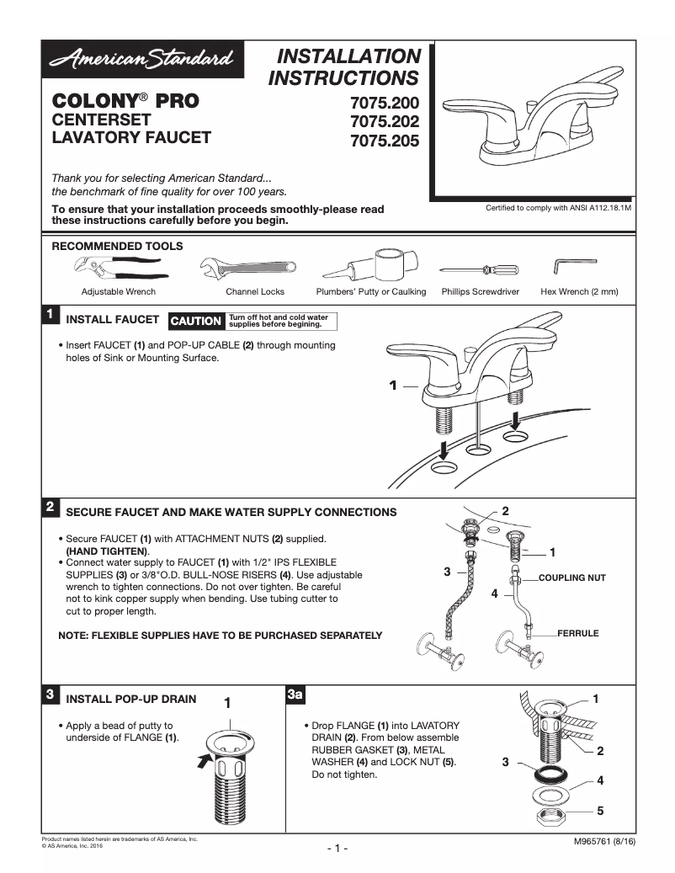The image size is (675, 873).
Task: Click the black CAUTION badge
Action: [195, 321]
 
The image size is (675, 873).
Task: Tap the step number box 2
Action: [50, 507]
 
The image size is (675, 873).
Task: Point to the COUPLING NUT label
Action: [571, 578]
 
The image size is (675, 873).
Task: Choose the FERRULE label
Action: [577, 633]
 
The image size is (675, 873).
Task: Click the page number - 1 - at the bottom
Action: [337, 848]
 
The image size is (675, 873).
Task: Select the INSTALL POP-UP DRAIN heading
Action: [131, 699]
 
